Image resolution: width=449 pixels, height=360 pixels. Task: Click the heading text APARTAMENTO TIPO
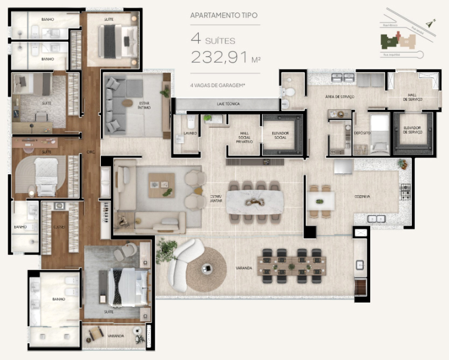(224, 16)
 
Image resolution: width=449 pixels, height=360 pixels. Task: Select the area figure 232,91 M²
(224, 57)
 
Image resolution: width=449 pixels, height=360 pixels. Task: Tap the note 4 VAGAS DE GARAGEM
(218, 85)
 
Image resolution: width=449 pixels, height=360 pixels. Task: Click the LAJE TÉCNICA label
(228, 104)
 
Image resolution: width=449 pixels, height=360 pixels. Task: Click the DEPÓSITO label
(362, 134)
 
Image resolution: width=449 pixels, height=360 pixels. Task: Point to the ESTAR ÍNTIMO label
(144, 105)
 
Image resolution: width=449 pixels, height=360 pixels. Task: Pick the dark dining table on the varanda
(293, 266)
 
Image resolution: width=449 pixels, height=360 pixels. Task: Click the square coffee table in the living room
(162, 184)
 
